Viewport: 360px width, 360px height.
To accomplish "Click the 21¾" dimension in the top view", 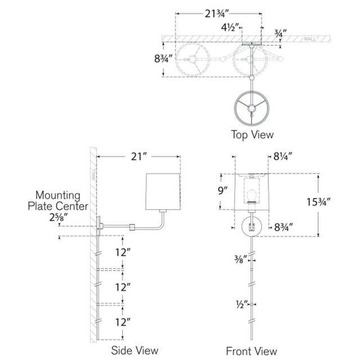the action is (217, 14).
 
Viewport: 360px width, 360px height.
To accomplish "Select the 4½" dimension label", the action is (230, 28).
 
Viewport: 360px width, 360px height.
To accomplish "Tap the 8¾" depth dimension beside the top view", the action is (163, 58).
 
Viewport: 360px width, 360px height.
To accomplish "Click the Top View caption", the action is (253, 134).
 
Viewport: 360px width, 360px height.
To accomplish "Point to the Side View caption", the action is (135, 350).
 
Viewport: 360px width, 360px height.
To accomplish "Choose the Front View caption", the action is (251, 351).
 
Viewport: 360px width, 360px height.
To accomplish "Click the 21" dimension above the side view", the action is (139, 157).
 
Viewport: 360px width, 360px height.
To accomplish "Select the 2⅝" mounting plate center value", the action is (58, 217).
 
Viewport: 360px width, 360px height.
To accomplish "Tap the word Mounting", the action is (58, 196).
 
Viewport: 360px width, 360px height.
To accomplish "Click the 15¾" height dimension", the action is (318, 202).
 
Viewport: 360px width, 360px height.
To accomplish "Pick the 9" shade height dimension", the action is (223, 191).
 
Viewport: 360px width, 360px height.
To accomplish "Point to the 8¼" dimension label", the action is (282, 156).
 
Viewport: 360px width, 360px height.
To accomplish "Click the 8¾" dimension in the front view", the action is (283, 227).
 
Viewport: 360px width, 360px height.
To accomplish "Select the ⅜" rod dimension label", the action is (240, 259).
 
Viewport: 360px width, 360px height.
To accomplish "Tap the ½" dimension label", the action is (242, 304).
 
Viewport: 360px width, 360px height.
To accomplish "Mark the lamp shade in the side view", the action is (163, 191).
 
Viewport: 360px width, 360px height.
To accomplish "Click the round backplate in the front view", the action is (251, 226).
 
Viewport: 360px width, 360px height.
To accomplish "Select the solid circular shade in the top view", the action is (252, 108).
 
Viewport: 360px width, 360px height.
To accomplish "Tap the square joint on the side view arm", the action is (132, 227).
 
